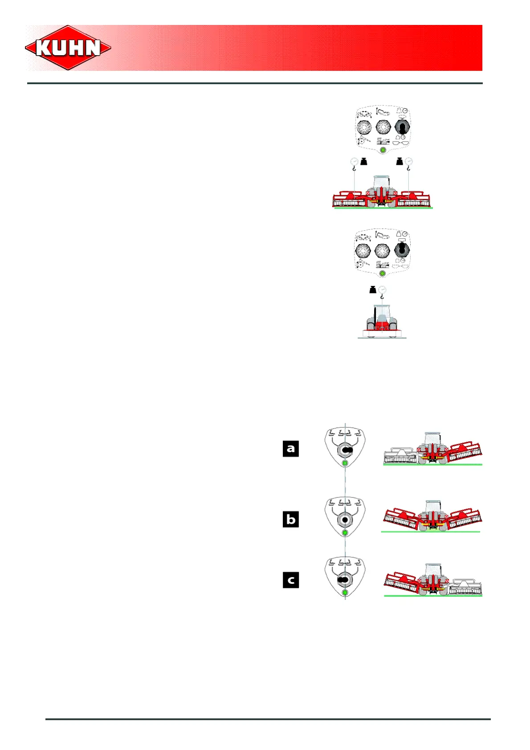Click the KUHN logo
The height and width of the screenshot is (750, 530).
pos(68,48)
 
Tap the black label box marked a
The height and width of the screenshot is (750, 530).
pos(291,448)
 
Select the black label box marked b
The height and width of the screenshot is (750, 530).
pos(291,519)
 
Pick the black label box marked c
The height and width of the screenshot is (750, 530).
pos(291,580)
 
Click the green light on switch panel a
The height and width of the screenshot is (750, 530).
pos(345,464)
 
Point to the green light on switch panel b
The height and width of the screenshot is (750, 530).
pos(345,533)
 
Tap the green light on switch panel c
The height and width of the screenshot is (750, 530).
pos(345,592)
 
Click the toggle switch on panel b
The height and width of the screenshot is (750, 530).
pos(345,519)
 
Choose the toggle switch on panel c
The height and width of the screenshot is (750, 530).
pos(344,580)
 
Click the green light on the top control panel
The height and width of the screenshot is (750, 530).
pos(383,151)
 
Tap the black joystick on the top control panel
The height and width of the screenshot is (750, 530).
pos(401,127)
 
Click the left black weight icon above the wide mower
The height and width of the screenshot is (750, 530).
pos(364,161)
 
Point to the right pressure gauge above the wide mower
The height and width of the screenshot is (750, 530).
pos(408,161)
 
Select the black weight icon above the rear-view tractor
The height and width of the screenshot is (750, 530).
pos(373,290)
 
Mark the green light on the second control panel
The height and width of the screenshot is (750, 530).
pos(382,273)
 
